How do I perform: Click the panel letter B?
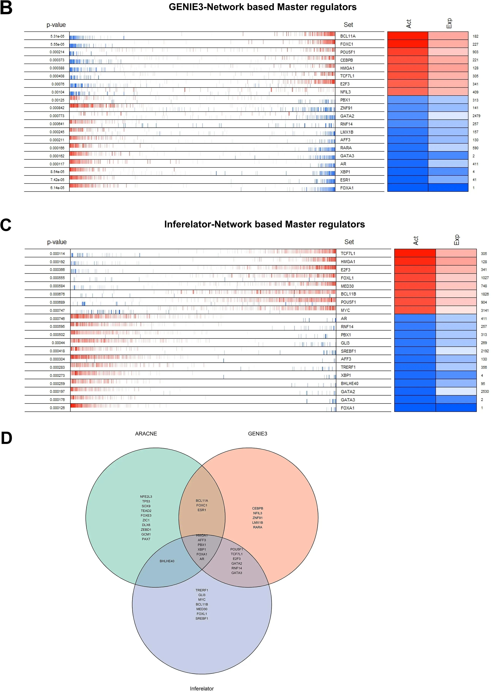[x=6, y=8]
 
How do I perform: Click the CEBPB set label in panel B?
[x=347, y=60]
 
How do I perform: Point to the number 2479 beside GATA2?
[x=476, y=116]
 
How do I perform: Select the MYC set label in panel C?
[x=345, y=310]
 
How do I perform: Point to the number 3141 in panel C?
[x=485, y=310]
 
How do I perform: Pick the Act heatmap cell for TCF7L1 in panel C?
[x=415, y=253]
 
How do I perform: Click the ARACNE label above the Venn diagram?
[x=146, y=434]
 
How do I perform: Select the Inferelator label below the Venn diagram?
[x=202, y=689]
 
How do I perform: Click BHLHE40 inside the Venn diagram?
[x=167, y=561]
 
